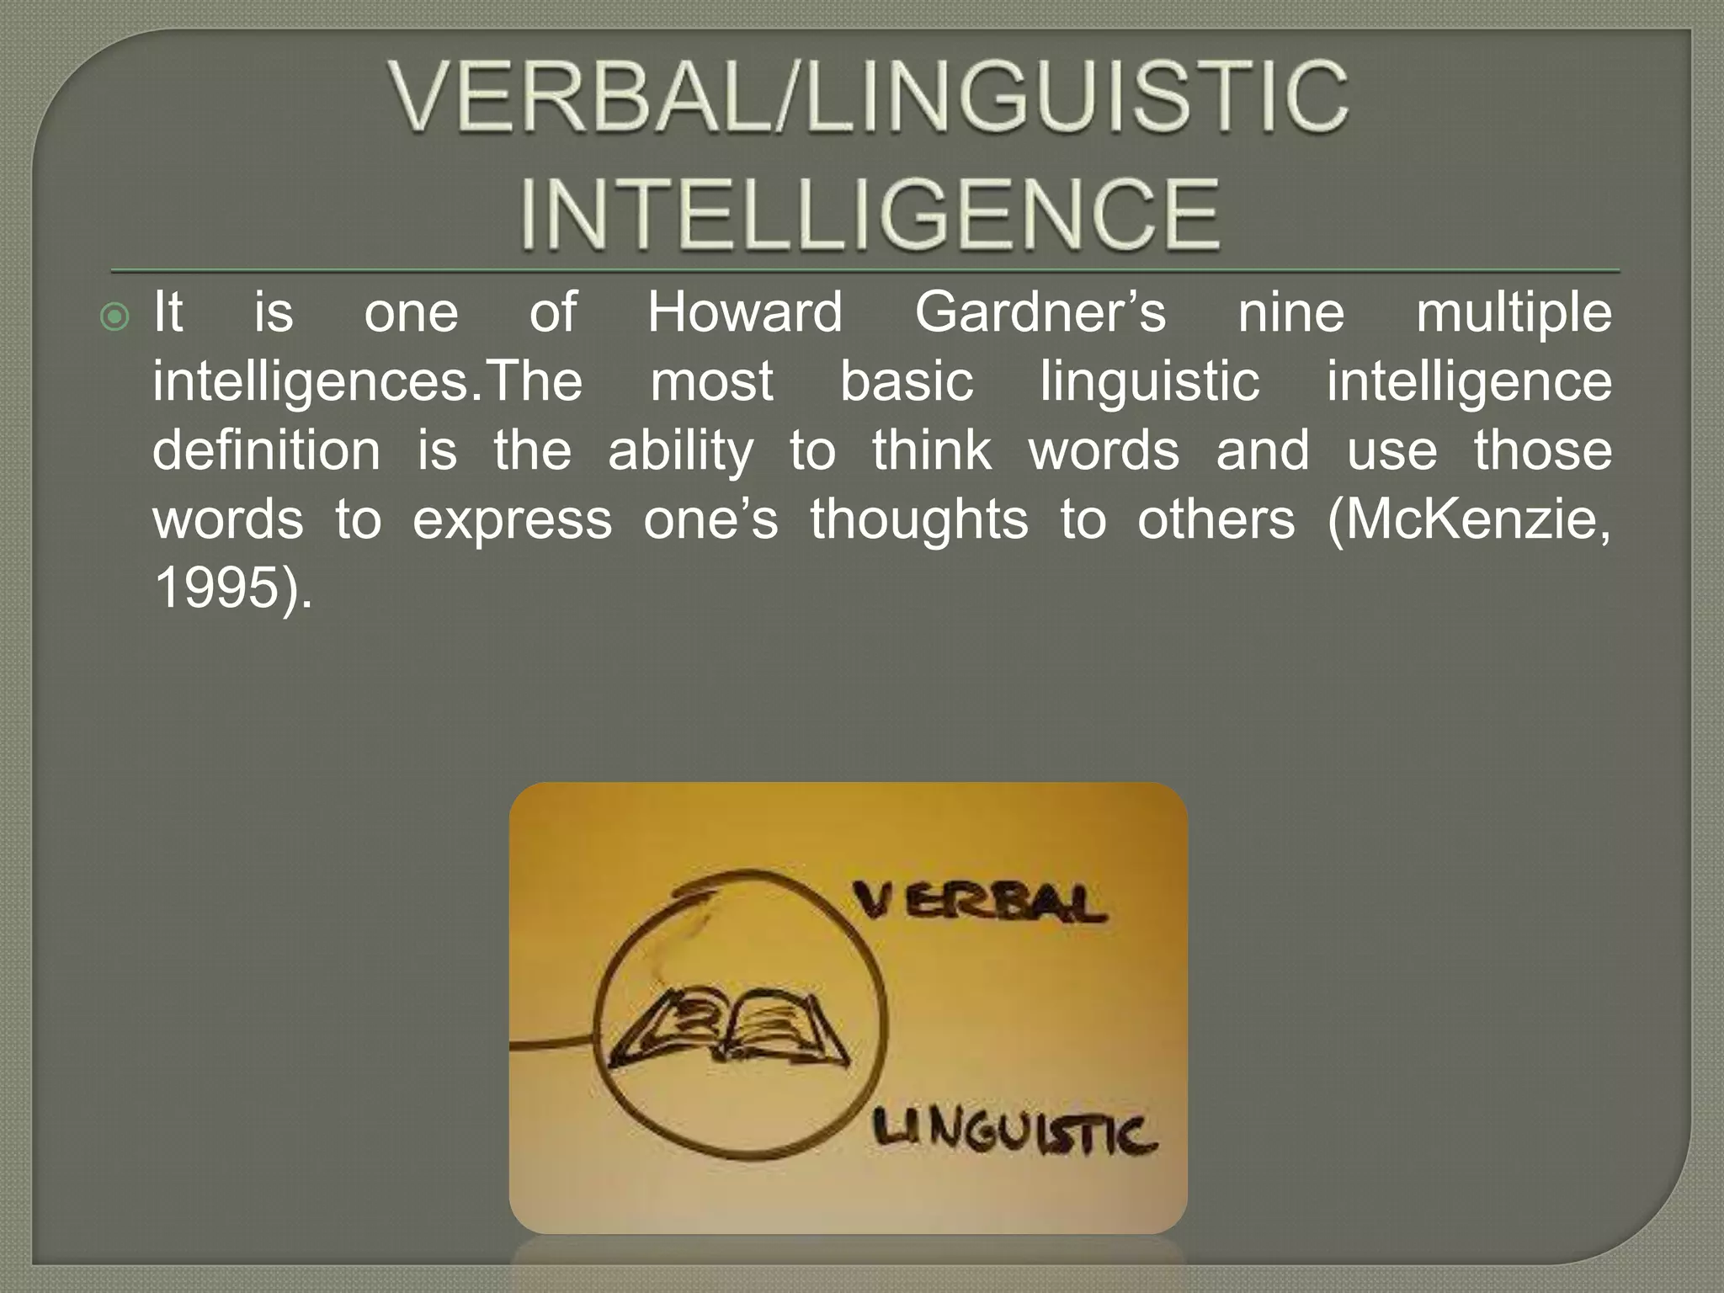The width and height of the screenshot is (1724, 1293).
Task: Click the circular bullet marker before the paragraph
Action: tap(114, 317)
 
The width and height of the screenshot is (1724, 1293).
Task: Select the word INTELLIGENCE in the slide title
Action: tap(870, 214)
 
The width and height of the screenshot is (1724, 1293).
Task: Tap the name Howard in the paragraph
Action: tap(745, 312)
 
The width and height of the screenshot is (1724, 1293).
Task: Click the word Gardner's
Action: tap(1040, 312)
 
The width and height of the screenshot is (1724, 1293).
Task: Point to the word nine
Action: tap(1291, 312)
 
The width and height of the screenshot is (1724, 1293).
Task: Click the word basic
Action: tap(907, 381)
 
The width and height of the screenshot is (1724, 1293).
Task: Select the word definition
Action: tap(266, 450)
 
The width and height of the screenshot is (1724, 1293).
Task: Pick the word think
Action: tap(932, 450)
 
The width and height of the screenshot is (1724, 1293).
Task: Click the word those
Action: tap(1542, 450)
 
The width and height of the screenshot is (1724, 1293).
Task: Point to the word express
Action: tap(512, 520)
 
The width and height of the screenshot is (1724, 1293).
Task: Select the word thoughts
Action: tap(919, 519)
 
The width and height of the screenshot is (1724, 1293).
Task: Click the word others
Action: tap(1216, 519)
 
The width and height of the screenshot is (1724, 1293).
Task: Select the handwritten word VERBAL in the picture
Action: tap(978, 902)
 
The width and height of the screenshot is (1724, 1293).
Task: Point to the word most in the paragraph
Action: tap(711, 381)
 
